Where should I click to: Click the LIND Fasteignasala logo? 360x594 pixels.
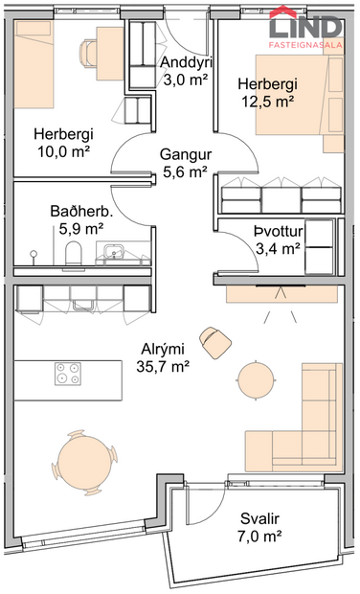click(x=304, y=26)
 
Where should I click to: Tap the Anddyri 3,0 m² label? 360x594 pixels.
click(x=186, y=72)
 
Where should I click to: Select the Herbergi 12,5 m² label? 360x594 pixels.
click(x=267, y=92)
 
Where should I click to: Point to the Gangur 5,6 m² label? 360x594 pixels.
click(x=185, y=162)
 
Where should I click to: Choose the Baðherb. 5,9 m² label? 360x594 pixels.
click(x=81, y=219)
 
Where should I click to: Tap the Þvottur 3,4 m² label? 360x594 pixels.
click(x=278, y=239)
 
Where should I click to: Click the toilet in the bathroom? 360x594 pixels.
click(x=74, y=253)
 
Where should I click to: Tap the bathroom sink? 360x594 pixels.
click(x=117, y=253)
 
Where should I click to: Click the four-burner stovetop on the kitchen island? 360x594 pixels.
click(x=67, y=373)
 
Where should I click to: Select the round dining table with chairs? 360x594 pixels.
click(x=83, y=457)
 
